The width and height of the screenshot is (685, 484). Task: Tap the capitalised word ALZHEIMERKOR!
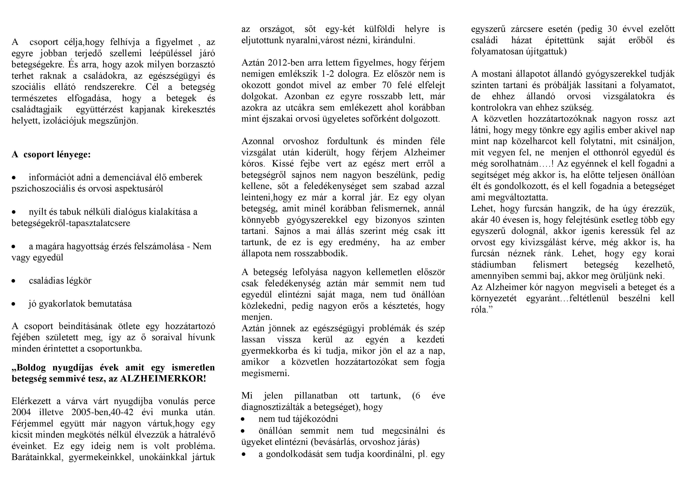coord(163,379)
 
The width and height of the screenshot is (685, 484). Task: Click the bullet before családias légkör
coord(13,281)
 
